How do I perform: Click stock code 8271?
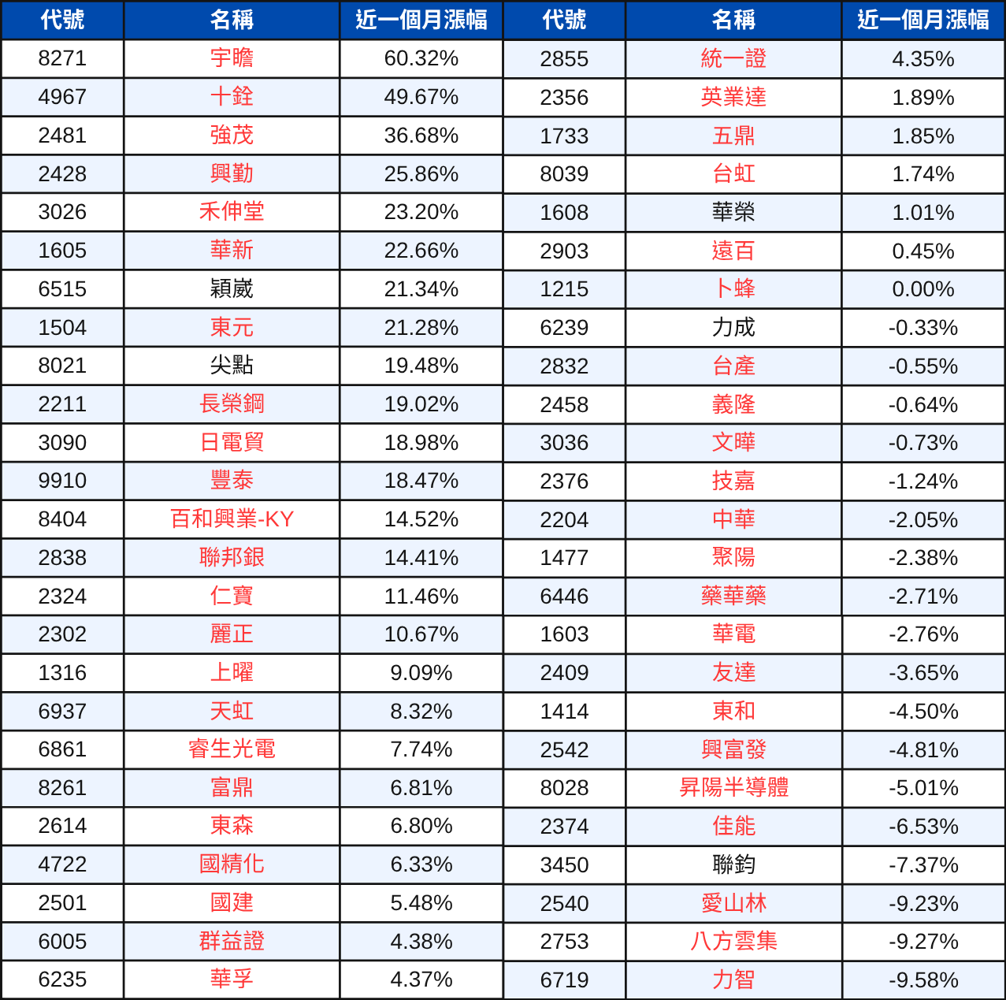point(62,59)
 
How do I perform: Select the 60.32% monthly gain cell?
point(421,59)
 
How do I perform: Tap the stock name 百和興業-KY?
point(232,519)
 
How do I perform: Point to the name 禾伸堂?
point(232,212)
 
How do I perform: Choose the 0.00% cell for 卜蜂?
point(922,289)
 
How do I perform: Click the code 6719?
point(564,980)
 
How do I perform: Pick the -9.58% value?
point(922,980)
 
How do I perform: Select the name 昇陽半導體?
point(733,788)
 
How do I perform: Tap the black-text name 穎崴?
point(232,289)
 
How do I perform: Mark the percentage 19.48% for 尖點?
point(421,366)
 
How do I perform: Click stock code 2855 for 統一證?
point(564,59)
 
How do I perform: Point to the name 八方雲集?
point(733,942)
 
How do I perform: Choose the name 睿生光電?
point(232,749)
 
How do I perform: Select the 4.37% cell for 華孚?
point(421,980)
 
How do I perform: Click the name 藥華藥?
point(733,597)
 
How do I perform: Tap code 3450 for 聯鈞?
point(564,865)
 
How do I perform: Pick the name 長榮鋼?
point(232,404)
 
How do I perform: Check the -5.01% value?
point(922,788)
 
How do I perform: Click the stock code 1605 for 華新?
point(62,251)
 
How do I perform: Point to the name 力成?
point(733,328)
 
